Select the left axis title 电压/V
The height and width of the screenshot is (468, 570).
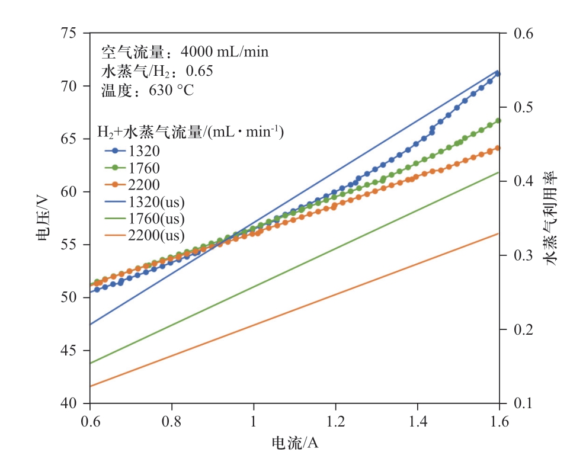(x=43, y=218)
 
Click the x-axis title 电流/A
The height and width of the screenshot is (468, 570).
(x=294, y=443)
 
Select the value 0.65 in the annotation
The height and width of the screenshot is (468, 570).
(x=199, y=72)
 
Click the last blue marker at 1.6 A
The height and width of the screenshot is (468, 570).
(x=498, y=73)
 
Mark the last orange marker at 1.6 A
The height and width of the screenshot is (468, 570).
(x=498, y=148)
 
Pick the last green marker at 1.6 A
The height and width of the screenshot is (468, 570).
(x=498, y=120)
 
